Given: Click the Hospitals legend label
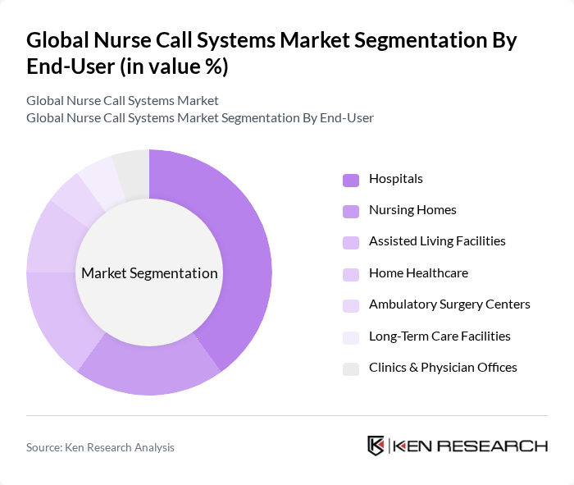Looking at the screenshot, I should pos(396,179).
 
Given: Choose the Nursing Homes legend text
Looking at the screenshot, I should pos(412,210).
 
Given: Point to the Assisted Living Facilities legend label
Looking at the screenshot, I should pos(437,241).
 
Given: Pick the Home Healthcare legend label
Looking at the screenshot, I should pos(418,273).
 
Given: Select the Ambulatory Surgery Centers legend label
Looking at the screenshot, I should pos(449,304).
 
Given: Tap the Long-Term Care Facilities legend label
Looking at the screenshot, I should pos(440,336).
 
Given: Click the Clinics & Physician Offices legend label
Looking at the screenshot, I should pos(443,368).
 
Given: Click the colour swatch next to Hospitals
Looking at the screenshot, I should pos(351,180).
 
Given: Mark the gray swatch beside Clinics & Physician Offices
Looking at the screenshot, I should pos(351,368).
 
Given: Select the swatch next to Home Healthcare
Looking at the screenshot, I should pos(351,274).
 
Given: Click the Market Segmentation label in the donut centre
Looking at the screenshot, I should pos(149,273).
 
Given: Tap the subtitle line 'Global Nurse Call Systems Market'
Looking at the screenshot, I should pos(122,101).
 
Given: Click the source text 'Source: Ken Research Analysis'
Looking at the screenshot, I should pos(100,447).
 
